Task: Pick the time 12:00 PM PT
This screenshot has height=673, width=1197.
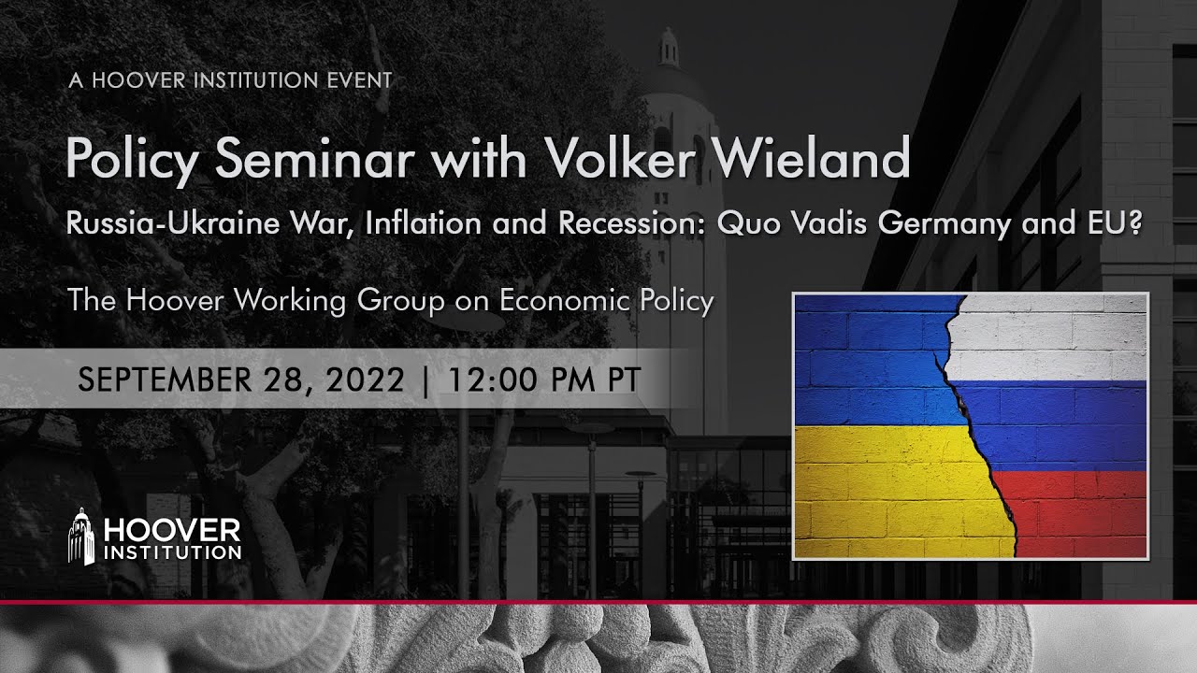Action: (544, 379)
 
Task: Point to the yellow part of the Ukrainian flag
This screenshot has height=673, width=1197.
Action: (888, 491)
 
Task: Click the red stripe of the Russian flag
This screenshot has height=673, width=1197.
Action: (1075, 514)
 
